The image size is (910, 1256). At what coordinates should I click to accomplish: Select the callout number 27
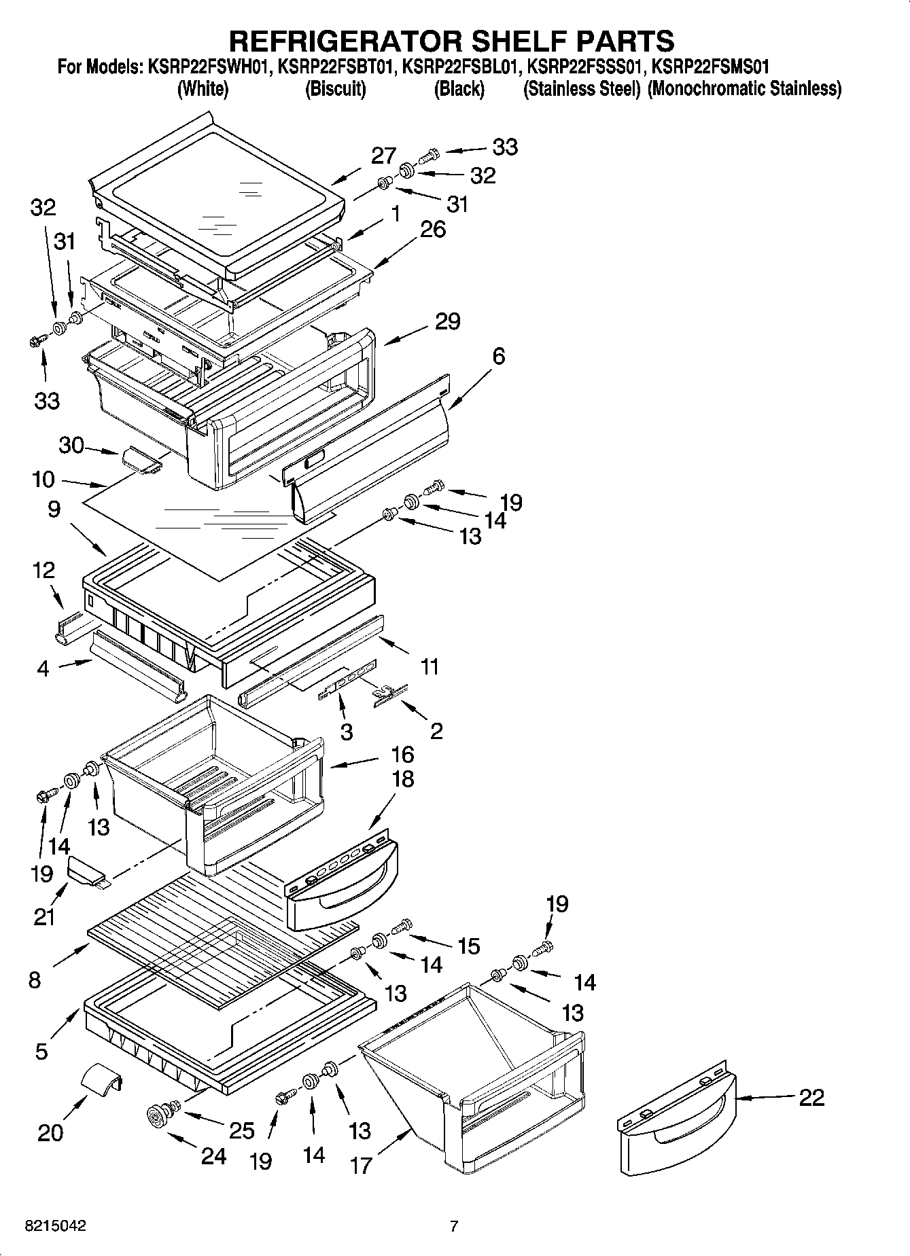pyautogui.click(x=383, y=156)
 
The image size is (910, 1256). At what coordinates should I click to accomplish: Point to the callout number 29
pyautogui.click(x=447, y=321)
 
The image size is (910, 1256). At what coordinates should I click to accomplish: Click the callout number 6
pyautogui.click(x=498, y=355)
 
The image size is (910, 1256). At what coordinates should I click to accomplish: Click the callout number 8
pyautogui.click(x=35, y=979)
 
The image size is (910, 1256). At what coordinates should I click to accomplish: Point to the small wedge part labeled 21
pyautogui.click(x=86, y=871)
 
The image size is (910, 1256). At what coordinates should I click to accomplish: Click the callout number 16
pyautogui.click(x=402, y=754)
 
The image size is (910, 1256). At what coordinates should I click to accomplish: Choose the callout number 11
pyautogui.click(x=429, y=666)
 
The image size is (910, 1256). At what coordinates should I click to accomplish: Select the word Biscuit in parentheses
pyautogui.click(x=336, y=88)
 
